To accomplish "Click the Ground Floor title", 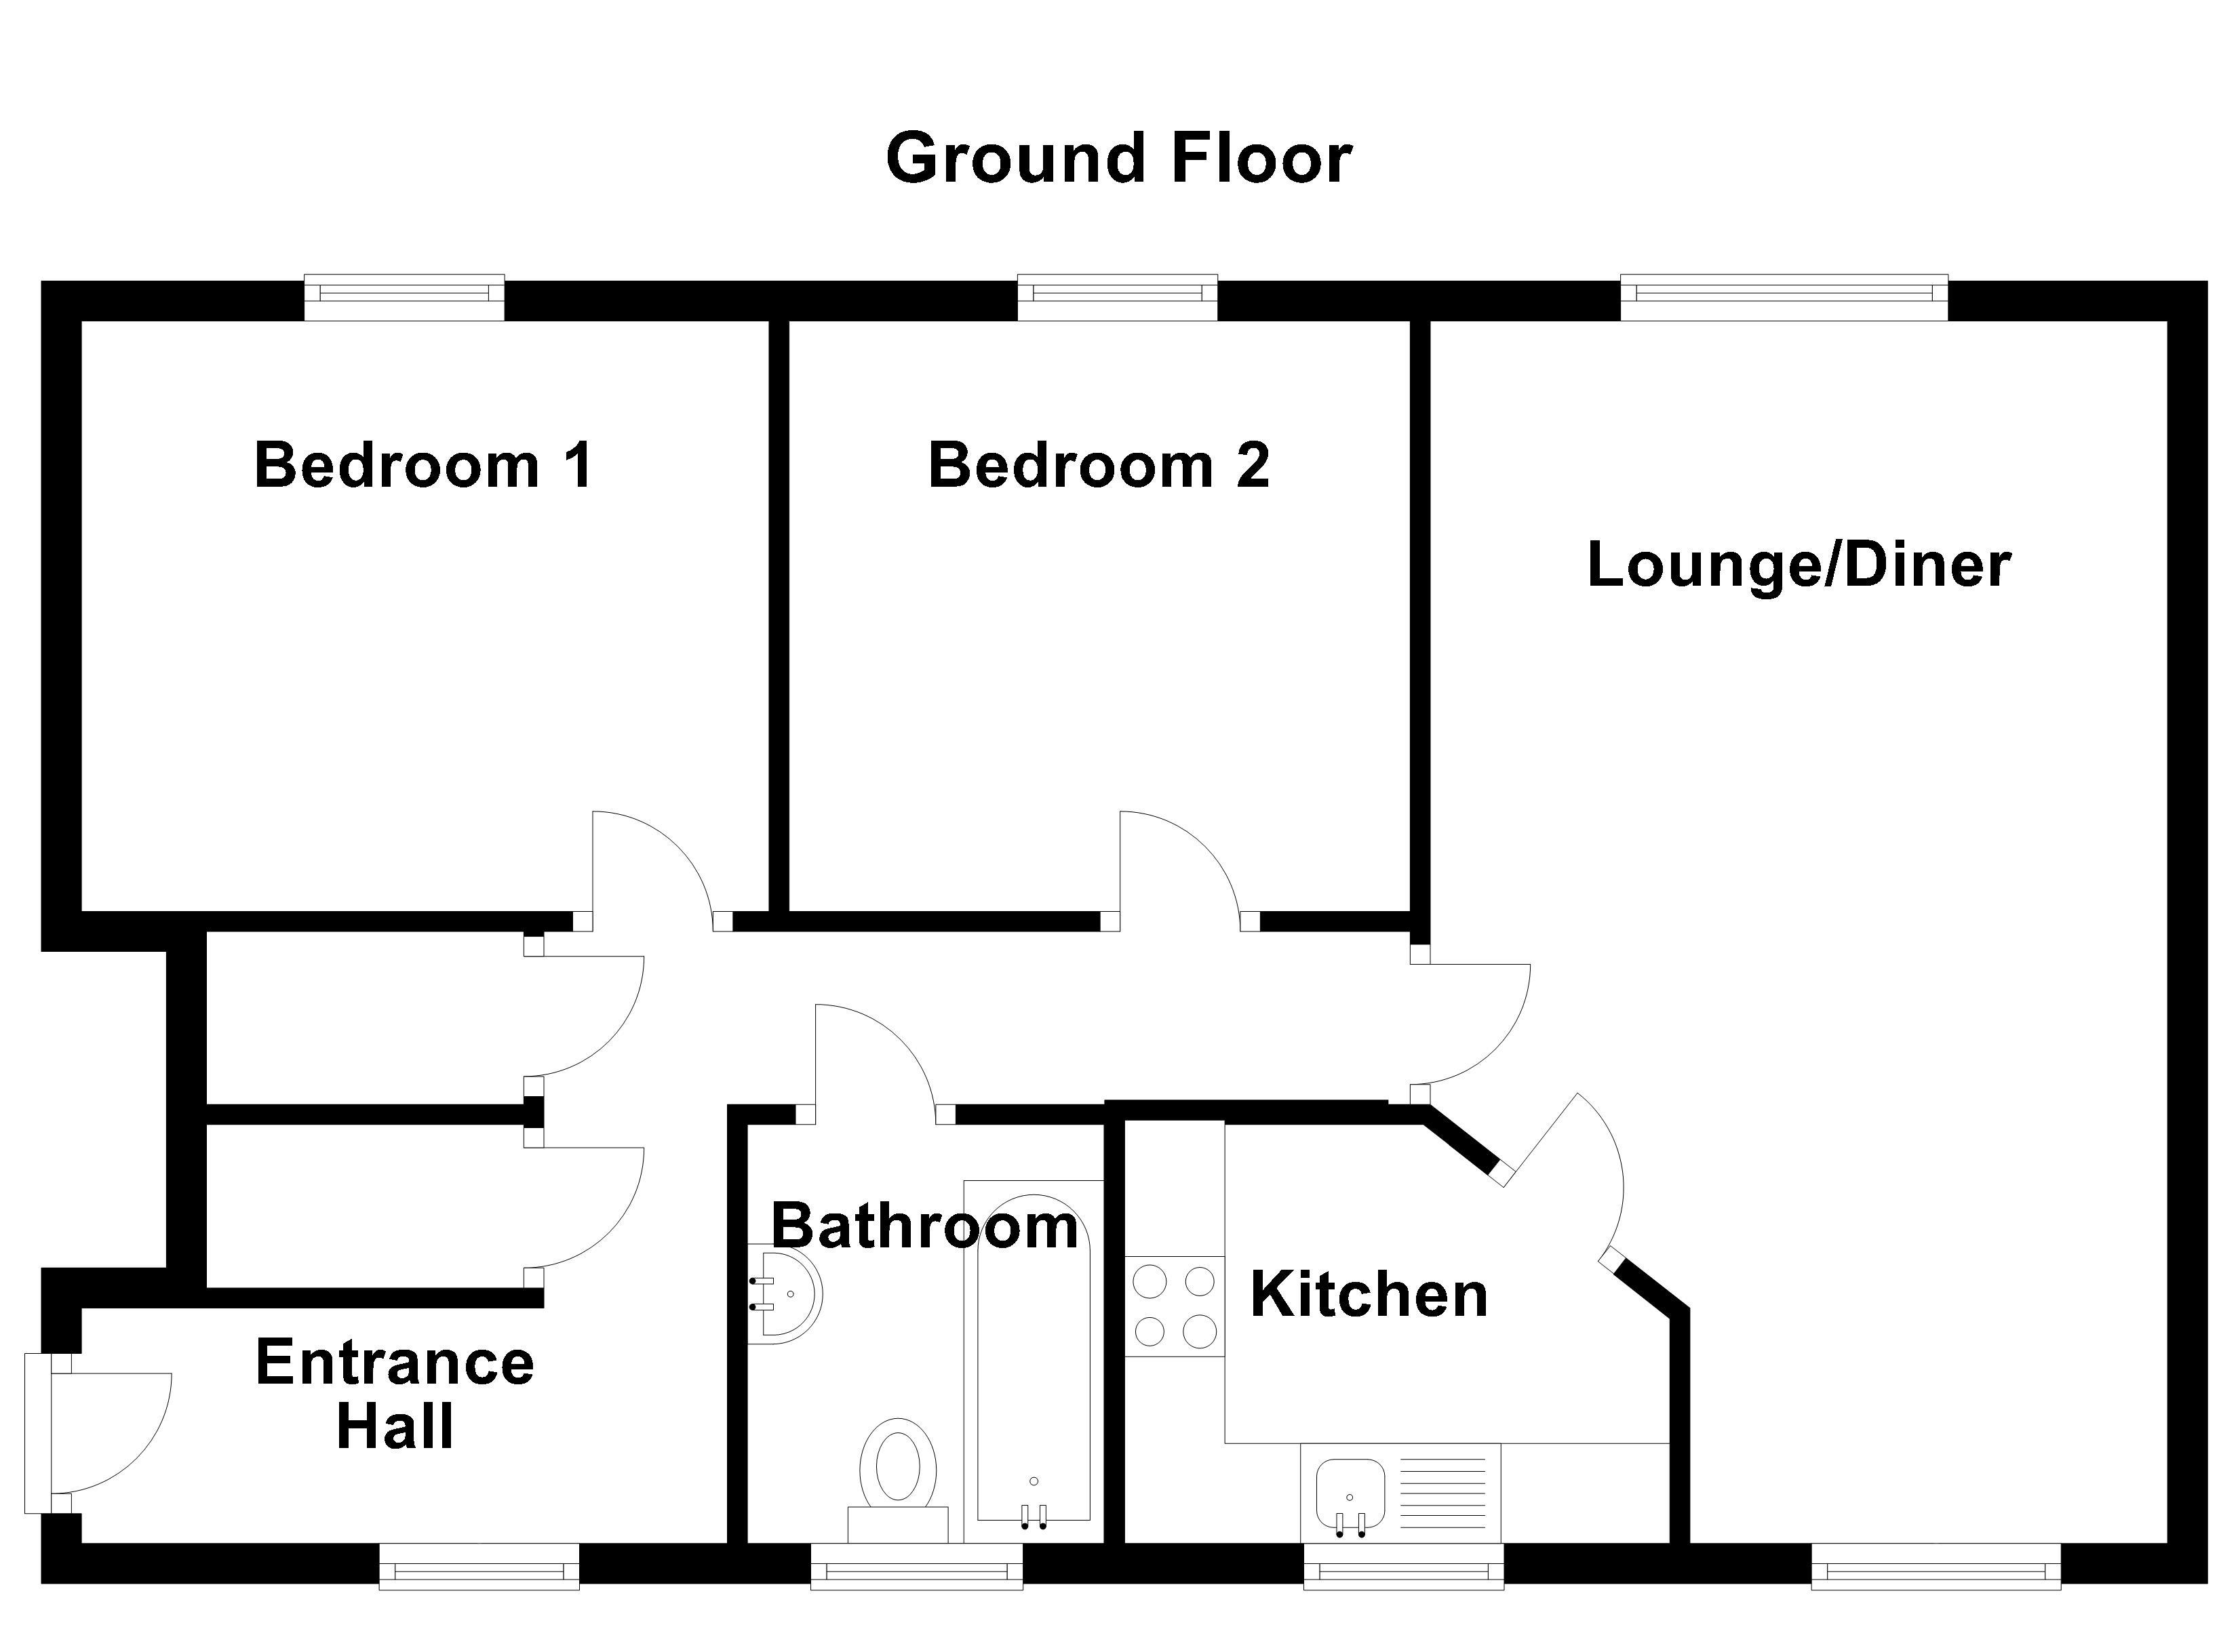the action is [1119, 158].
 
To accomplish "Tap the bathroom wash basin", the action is [787, 1293].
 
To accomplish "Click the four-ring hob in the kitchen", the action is [1174, 1306].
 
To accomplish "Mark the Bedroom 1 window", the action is [405, 297].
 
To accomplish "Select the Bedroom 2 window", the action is [1117, 297].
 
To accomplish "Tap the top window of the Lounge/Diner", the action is [1784, 297].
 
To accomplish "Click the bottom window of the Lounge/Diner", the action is [1936, 1567].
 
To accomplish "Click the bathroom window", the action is [917, 1567].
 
